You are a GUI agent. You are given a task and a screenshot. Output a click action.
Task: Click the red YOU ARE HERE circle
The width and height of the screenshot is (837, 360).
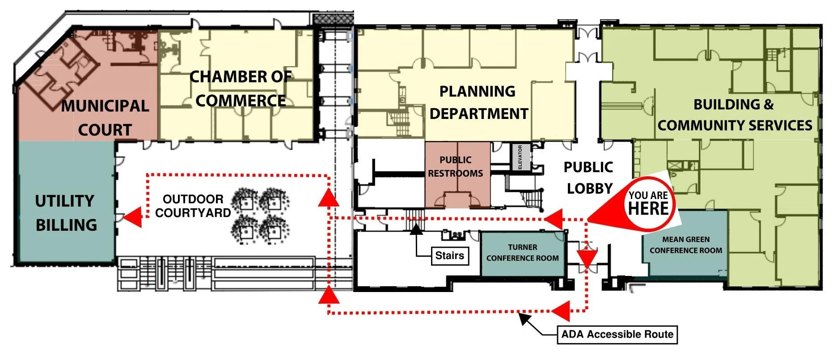click(x=648, y=204)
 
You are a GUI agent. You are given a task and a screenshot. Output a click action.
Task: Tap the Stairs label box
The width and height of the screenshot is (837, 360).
click(x=449, y=256)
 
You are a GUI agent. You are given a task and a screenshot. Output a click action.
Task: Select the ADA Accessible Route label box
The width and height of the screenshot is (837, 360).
click(x=617, y=335)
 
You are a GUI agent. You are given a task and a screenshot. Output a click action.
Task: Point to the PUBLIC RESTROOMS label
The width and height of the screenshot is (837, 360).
click(x=456, y=167)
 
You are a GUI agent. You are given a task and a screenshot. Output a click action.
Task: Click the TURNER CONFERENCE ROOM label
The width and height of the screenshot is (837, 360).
click(x=522, y=253)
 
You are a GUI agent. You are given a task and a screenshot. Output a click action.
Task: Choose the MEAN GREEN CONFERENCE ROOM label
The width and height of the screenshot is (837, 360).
click(x=686, y=245)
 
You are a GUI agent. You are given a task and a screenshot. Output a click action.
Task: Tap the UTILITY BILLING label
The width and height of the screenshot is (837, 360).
click(x=66, y=213)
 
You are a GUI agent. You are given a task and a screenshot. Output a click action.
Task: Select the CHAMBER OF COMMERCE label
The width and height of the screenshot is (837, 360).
click(x=241, y=89)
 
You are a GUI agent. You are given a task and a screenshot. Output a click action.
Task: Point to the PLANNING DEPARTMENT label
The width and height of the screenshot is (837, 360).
click(x=478, y=102)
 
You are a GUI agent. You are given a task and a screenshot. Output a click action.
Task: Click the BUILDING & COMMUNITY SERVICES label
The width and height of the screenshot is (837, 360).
click(x=735, y=115)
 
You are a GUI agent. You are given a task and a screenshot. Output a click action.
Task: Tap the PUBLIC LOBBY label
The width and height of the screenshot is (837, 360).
click(x=588, y=178)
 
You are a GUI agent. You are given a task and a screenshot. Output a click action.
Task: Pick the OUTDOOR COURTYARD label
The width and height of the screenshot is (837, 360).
click(x=193, y=206)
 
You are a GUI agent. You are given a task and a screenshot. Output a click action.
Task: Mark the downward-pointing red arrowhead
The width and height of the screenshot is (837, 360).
click(x=587, y=258)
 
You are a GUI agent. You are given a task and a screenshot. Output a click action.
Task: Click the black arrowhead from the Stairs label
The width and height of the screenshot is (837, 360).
click(x=416, y=229)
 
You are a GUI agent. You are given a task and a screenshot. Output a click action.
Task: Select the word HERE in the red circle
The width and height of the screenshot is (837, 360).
click(x=648, y=208)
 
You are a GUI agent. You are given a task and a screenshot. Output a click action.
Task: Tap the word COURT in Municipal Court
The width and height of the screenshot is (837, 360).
click(x=105, y=130)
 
